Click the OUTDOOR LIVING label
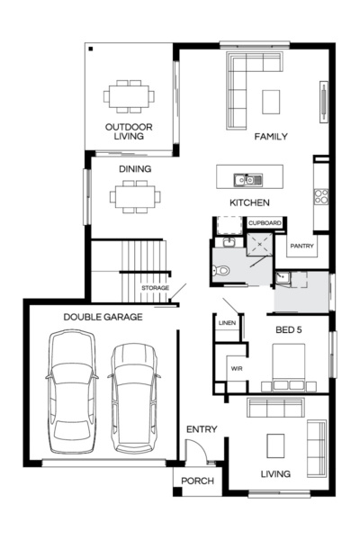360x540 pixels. (128, 131)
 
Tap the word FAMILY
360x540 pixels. (270, 137)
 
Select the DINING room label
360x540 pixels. (134, 168)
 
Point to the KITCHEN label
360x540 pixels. (250, 202)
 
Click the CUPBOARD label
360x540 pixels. (265, 222)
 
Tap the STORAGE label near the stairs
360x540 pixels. (155, 288)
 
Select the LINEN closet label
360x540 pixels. (227, 322)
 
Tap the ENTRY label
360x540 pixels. (201, 429)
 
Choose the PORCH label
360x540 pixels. (197, 481)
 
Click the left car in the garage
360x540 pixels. (72, 391)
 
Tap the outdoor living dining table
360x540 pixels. (128, 94)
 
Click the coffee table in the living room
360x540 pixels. (275, 445)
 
